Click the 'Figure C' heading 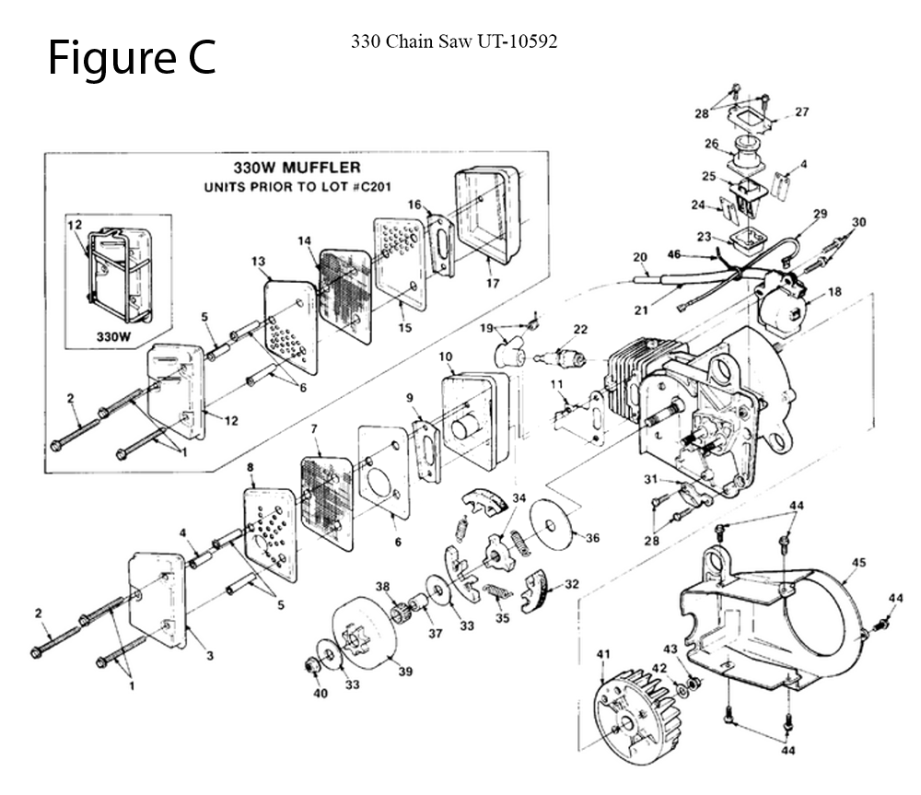132,58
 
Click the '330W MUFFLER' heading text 297,168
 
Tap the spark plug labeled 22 562,357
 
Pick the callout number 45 858,562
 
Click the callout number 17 492,283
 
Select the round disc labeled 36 551,525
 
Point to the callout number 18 834,291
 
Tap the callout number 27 802,111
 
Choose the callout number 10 445,357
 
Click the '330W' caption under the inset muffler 113,336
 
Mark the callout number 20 640,257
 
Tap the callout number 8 251,467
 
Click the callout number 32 572,584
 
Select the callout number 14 304,241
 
